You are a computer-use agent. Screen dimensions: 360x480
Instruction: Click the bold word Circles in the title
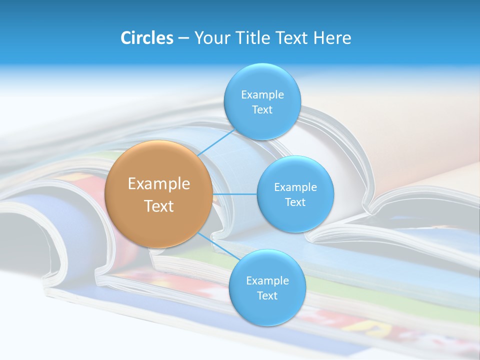(x=146, y=38)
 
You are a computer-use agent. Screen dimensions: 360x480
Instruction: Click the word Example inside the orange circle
(x=159, y=184)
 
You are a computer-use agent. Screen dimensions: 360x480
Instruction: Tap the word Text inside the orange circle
(x=159, y=206)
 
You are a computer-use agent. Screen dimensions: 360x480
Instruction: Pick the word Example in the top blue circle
(x=262, y=95)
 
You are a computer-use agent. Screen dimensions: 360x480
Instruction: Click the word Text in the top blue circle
(x=262, y=110)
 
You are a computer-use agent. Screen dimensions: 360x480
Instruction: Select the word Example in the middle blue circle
(x=295, y=187)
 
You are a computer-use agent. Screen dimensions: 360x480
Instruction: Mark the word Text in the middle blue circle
(x=295, y=202)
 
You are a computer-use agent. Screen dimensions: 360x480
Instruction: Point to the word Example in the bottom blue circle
(x=267, y=281)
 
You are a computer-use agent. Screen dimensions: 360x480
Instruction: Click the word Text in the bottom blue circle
(x=267, y=296)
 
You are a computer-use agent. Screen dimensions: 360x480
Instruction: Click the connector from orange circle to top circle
(x=216, y=143)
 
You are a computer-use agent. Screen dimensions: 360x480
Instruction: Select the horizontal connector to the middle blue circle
(x=234, y=194)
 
